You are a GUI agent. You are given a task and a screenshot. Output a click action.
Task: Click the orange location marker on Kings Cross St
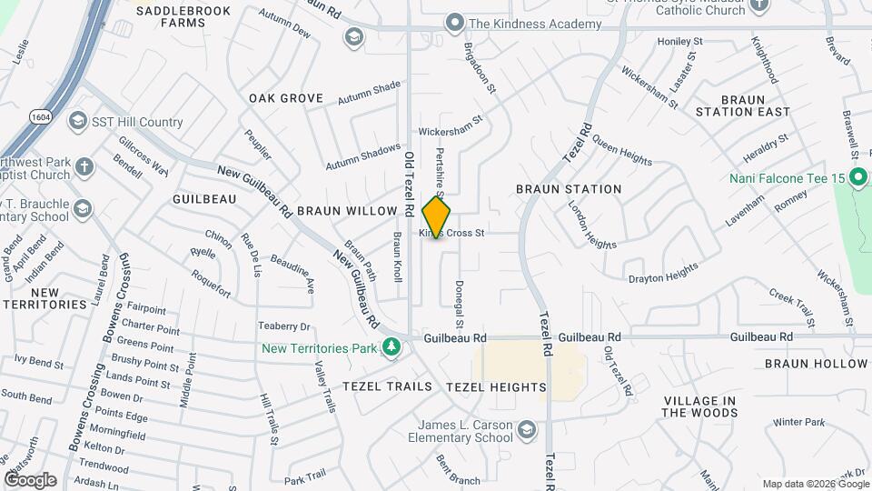pos(437,216)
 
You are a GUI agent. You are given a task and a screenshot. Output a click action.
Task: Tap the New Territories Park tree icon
pos(391,347)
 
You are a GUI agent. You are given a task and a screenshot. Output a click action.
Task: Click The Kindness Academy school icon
pos(455,23)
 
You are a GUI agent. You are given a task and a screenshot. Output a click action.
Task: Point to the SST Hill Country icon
pos(79,122)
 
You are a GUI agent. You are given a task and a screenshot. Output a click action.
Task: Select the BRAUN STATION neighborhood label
pos(569,189)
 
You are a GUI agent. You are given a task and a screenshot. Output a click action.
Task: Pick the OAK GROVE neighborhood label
pos(286,97)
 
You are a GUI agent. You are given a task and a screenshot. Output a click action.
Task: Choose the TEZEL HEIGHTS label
pos(496,386)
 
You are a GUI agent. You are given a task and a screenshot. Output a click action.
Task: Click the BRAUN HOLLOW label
pos(816,364)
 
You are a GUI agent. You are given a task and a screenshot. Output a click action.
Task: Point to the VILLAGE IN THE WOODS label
pos(699,406)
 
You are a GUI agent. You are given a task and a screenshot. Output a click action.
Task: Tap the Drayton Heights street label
pos(663,272)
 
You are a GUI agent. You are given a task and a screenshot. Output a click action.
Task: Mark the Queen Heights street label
pos(622,155)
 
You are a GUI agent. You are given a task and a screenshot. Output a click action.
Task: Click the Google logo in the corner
pos(30,480)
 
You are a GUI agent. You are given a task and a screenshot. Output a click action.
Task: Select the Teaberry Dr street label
pos(284,326)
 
